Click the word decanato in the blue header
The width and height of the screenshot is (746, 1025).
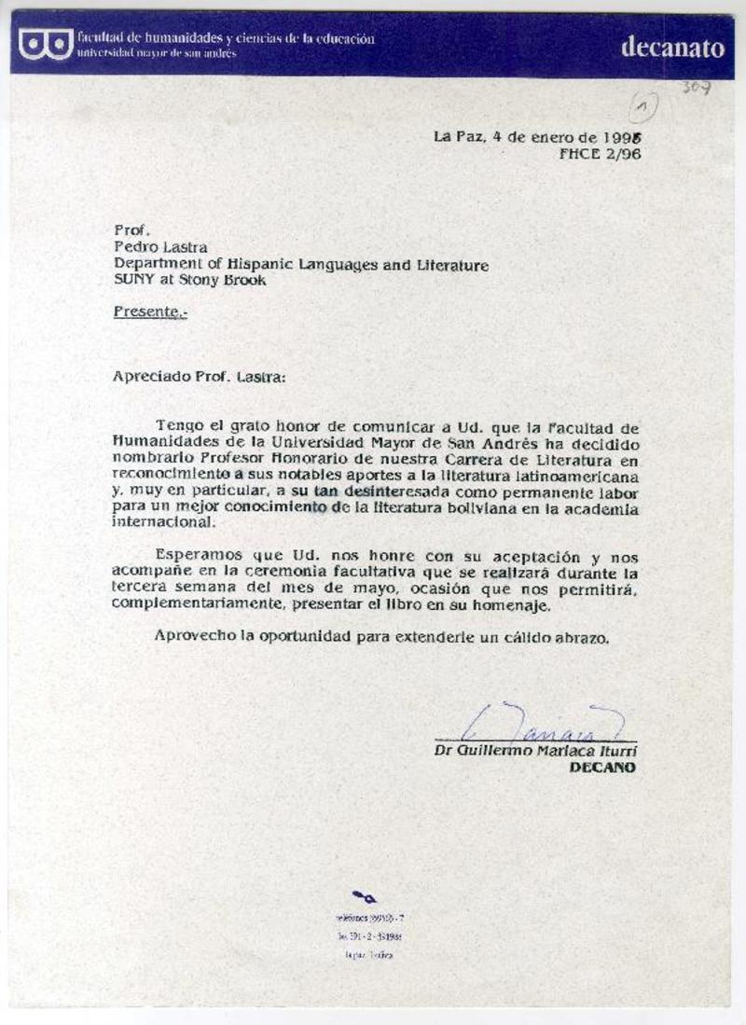click(x=672, y=48)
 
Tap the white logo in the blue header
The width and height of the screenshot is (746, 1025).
click(x=45, y=44)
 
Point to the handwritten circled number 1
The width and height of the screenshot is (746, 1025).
click(x=642, y=109)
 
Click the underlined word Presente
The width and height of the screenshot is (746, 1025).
click(x=149, y=312)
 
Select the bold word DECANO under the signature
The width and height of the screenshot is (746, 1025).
click(x=602, y=768)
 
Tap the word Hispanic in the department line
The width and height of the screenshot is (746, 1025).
click(x=232, y=265)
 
